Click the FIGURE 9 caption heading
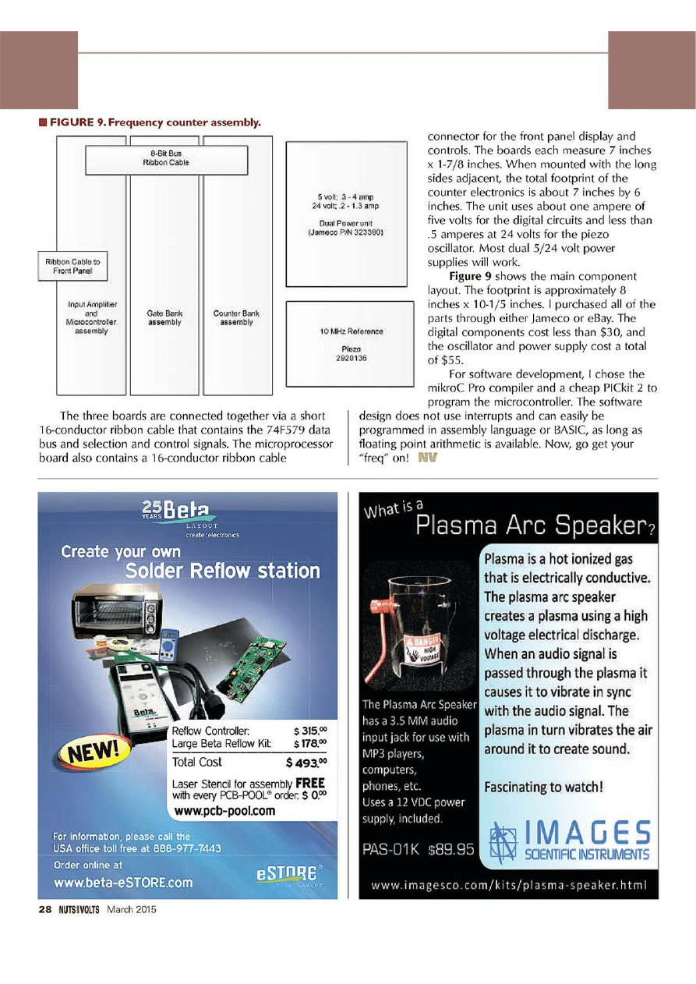pyautogui.click(x=154, y=122)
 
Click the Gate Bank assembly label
pyautogui.click(x=164, y=317)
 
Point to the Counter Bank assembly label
pyautogui.click(x=236, y=317)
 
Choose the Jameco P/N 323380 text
pyautogui.click(x=346, y=232)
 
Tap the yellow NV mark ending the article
pyautogui.click(x=427, y=458)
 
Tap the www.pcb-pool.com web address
pyautogui.click(x=224, y=811)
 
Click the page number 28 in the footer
pyautogui.click(x=34, y=909)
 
